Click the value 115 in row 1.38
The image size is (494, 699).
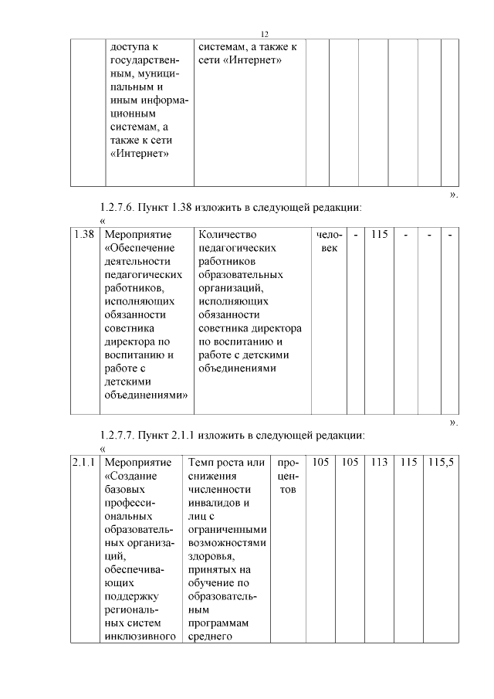click(x=378, y=233)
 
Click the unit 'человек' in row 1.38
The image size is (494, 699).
click(x=328, y=240)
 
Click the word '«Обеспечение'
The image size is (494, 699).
click(x=139, y=247)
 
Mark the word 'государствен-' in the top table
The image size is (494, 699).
click(x=145, y=59)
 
